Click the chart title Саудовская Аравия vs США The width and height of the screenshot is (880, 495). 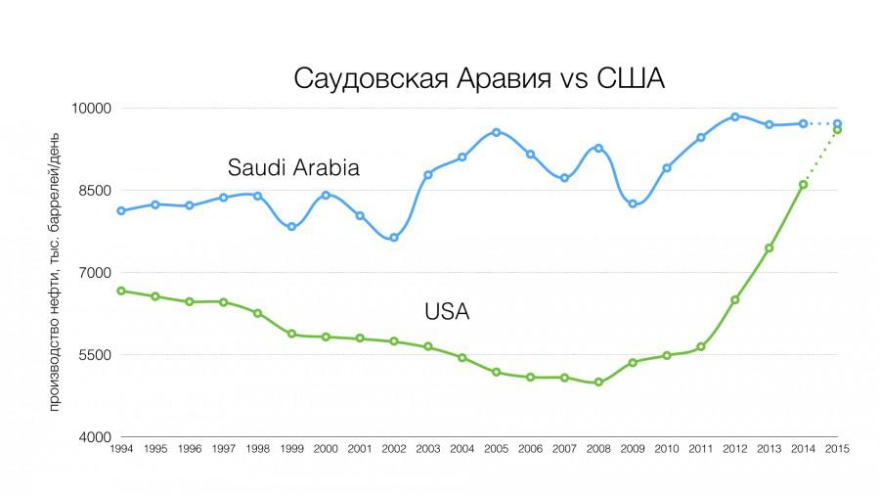479,78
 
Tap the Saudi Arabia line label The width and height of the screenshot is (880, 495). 293,167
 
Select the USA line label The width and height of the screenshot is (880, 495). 447,312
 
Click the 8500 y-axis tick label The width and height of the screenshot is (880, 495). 97,191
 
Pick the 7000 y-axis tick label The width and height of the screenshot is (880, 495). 97,273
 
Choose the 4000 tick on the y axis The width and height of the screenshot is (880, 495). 97,437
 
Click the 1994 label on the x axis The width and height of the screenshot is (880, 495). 122,449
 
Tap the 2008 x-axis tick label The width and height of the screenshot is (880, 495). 598,449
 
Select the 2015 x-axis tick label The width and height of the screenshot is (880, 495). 837,449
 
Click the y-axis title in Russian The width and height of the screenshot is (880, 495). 56,274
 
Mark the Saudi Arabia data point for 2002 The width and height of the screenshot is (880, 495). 394,238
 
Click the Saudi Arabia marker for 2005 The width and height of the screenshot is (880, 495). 496,132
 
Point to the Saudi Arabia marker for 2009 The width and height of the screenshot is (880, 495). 633,203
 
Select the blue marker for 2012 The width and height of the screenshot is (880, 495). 734,116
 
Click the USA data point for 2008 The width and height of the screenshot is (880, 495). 598,382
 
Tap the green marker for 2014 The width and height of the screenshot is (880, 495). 803,184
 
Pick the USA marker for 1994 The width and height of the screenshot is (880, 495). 121,291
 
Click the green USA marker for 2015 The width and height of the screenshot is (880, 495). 837,129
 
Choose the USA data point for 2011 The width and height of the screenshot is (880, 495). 700,346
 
